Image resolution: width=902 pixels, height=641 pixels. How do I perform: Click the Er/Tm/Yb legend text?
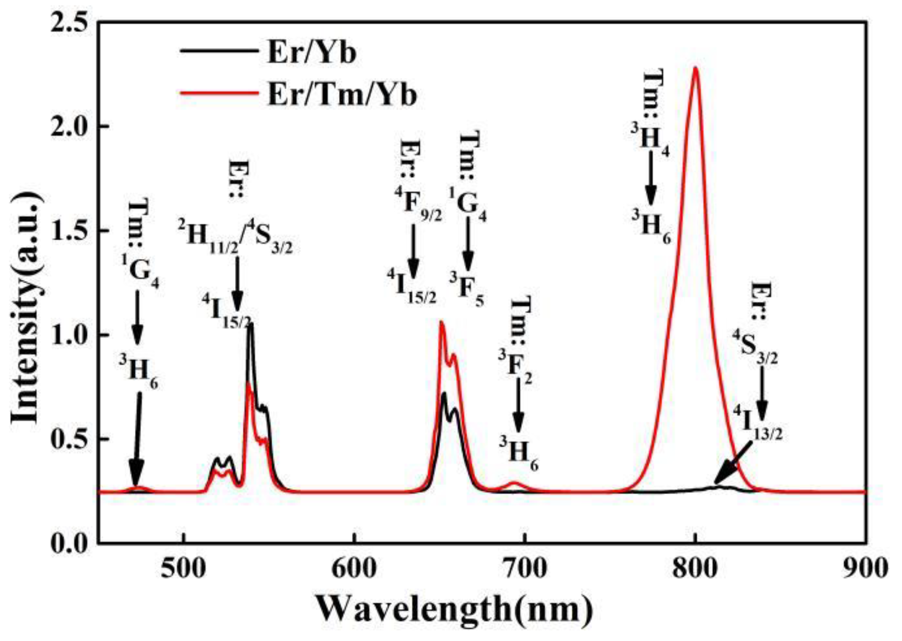tap(342, 93)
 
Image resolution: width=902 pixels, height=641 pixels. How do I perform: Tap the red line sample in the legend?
tap(218, 93)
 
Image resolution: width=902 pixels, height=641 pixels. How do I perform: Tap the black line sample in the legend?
tap(218, 50)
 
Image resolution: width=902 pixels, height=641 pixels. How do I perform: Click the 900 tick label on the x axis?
tap(865, 569)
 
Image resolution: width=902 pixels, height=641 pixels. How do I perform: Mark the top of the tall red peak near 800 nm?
tap(696, 68)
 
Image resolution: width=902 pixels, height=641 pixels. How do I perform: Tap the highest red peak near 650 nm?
tap(441, 323)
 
